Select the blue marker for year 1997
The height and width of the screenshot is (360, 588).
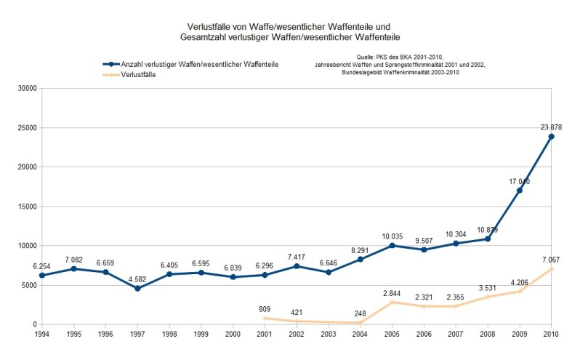pos(137,288)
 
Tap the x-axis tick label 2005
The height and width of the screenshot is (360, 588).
pos(392,333)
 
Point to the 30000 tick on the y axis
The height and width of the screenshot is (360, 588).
pos(26,89)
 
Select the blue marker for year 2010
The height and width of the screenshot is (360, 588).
pos(552,137)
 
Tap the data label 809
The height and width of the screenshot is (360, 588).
pos(265,308)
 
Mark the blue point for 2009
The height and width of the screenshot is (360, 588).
pos(520,191)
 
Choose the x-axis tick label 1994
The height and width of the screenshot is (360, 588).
pos(42,333)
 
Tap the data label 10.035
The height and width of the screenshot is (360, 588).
pos(392,236)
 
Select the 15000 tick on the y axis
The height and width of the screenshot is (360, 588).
pos(26,207)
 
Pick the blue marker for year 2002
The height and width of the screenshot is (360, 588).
pos(297,266)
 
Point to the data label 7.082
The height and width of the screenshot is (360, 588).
pos(74,259)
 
